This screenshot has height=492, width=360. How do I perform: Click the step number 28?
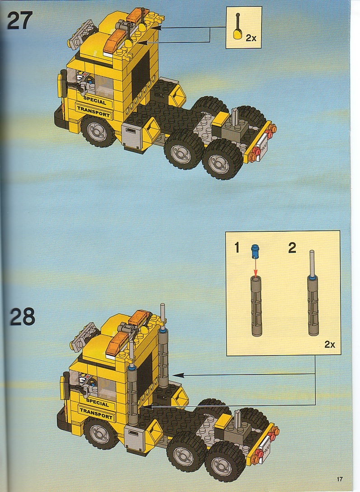pos(22,316)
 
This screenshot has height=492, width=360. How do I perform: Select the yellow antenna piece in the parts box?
pos(238,27)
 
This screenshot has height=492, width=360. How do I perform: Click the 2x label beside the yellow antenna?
pos(251,38)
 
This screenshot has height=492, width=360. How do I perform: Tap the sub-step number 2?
pos(292,248)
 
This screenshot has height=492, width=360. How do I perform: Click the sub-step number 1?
pos(238,248)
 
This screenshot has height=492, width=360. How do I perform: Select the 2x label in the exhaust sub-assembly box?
pos(330,345)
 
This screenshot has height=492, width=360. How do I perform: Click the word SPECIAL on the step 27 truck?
pos(95,100)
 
